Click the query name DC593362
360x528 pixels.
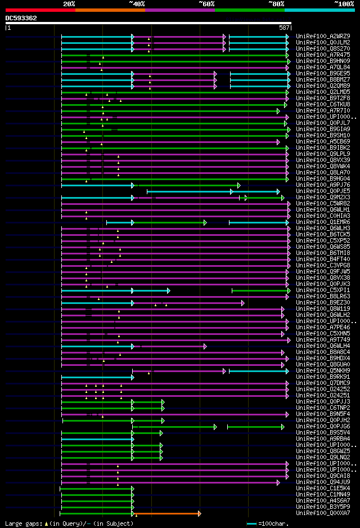(x=21, y=18)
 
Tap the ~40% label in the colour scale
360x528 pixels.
(x=137, y=3)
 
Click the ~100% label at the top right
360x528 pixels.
(x=344, y=3)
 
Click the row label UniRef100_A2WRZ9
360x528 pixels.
(x=323, y=36)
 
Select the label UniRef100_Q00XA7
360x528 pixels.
(x=323, y=513)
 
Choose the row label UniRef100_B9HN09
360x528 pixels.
(x=323, y=61)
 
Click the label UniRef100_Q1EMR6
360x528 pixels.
(x=323, y=222)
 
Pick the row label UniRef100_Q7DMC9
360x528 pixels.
(x=323, y=383)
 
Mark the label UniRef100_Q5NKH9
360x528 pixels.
(x=323, y=370)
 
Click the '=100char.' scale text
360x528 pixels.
(x=271, y=523)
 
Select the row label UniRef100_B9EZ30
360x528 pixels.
(x=323, y=302)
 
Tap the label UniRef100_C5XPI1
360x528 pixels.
(x=323, y=290)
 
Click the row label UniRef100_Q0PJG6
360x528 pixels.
(x=323, y=426)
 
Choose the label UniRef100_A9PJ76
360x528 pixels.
(x=323, y=185)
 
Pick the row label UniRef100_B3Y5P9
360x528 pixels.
(x=323, y=507)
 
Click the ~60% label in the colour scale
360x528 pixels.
(x=206, y=3)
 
